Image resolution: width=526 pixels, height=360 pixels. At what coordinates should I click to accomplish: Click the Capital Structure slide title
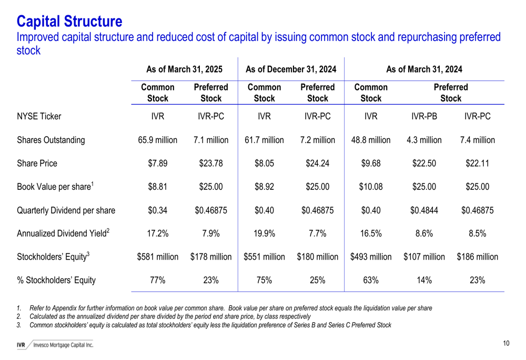coord(69,22)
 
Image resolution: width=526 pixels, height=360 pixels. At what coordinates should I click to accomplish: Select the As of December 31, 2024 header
coord(291,69)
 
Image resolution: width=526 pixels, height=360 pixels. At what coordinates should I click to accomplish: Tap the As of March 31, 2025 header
coord(184,69)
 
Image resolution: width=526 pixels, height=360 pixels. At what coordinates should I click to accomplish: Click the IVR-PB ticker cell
coord(424,116)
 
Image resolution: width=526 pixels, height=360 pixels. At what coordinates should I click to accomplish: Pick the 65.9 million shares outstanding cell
coord(157,140)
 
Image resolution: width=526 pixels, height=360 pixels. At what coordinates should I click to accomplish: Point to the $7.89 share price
coord(157,163)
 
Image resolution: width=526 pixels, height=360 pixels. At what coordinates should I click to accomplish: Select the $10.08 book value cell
coord(371,187)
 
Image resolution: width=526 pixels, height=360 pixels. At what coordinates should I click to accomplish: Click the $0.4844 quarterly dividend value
coord(424,210)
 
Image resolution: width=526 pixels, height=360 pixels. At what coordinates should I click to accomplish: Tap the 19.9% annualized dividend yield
coord(264,233)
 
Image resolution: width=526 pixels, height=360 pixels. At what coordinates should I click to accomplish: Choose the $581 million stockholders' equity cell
coord(157,257)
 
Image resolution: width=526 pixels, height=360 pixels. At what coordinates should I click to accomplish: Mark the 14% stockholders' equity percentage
coord(424,280)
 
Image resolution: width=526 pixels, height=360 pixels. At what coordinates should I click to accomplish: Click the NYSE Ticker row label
coord(39,116)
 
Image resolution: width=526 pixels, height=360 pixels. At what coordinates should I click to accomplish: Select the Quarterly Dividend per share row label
coord(66,210)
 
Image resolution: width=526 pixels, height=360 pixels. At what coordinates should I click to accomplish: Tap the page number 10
coord(506,343)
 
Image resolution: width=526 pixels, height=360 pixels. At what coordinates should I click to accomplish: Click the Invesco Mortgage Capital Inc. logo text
coord(63,345)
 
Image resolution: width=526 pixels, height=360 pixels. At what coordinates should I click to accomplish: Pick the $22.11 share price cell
coord(477,163)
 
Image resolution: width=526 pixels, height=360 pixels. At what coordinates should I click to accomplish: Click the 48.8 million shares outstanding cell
coord(371,140)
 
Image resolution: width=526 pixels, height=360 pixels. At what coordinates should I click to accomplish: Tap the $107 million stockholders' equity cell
coord(424,257)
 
